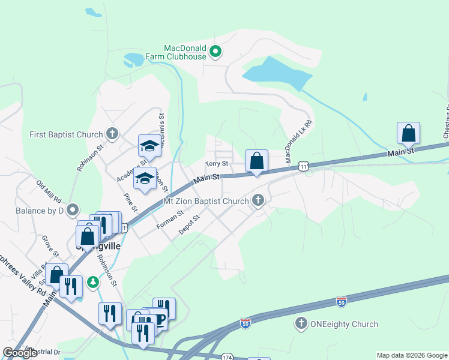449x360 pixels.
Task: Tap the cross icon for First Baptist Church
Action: (111, 133)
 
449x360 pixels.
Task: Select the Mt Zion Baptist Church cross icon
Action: (258, 200)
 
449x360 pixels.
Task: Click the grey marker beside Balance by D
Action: (73, 209)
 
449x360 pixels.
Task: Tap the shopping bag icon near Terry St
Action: (256, 161)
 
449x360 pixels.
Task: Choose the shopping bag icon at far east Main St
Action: (408, 133)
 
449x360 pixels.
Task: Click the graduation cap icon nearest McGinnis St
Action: (149, 146)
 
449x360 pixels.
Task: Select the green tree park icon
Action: (92, 281)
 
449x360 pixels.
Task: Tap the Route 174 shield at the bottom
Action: (226, 356)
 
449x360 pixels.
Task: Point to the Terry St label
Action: (217, 163)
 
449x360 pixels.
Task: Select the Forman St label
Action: (169, 220)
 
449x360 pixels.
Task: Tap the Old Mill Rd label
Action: (50, 191)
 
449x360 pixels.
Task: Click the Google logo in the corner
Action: (20, 352)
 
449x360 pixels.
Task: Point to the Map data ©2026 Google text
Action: (411, 355)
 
